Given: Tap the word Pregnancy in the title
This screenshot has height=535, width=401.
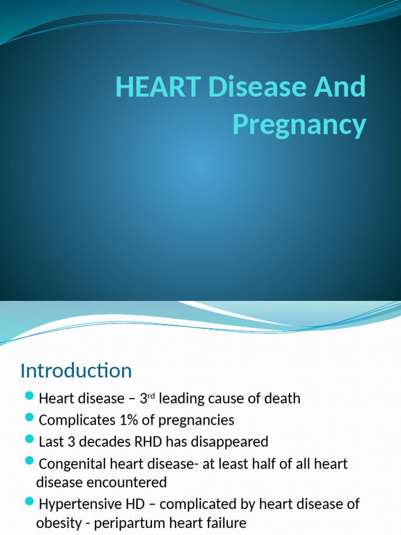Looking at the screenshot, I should (299, 125).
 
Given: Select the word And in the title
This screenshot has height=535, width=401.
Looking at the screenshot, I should (341, 87).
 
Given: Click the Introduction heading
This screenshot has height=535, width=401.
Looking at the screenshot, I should (76, 370).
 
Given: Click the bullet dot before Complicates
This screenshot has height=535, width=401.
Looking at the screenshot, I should (30, 417).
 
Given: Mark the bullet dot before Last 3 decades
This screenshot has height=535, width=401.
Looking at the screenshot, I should (30, 439).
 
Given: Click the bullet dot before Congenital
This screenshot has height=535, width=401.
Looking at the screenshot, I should (30, 461).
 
